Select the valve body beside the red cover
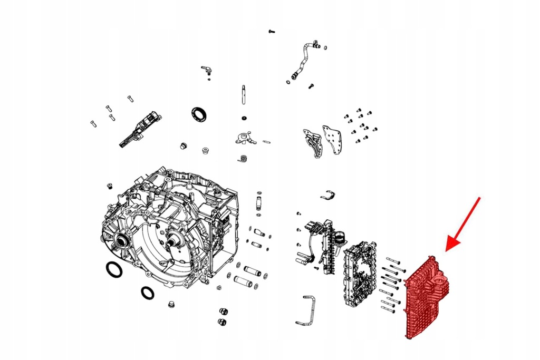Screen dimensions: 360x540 click(x=360, y=274)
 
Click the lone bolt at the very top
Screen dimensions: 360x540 click(x=272, y=32)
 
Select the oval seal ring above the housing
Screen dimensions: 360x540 click(x=199, y=113)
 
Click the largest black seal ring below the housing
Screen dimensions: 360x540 click(x=113, y=269)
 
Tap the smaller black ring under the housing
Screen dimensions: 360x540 click(x=148, y=292)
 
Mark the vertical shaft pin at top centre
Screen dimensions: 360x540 click(x=244, y=95)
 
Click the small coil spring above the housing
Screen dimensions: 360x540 click(x=243, y=158)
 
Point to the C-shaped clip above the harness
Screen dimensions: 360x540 click(x=327, y=195)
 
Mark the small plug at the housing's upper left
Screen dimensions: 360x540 click(x=110, y=186)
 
